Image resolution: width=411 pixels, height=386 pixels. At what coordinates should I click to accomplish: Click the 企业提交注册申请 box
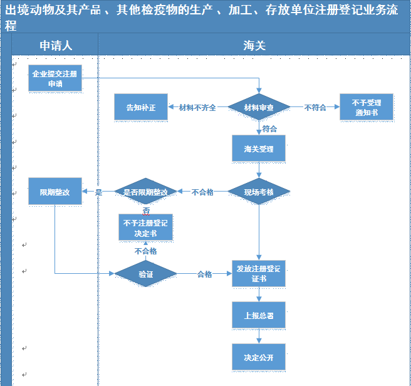click(55, 78)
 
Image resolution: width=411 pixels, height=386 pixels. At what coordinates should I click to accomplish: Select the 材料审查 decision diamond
click(259, 107)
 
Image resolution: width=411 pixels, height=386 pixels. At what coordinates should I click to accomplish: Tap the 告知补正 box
click(141, 107)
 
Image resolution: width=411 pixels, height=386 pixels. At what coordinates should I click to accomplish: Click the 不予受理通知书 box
click(367, 107)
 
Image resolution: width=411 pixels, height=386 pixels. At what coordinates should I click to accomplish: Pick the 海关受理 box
click(259, 149)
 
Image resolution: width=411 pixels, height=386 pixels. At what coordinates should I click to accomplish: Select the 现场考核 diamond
click(259, 192)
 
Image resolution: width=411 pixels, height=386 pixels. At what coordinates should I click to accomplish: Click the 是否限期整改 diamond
click(145, 192)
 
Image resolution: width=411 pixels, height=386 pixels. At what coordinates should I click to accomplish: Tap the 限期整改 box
click(55, 192)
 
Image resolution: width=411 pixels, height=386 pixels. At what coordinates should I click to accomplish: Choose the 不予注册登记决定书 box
click(145, 228)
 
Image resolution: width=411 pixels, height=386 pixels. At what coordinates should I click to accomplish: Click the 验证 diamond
click(145, 274)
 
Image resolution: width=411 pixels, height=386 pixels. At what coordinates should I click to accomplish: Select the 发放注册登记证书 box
click(259, 274)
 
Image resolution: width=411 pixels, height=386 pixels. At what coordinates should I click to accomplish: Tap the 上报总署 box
click(259, 316)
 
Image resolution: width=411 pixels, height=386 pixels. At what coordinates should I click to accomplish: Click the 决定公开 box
click(259, 357)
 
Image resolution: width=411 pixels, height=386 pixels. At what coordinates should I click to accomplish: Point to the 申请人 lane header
click(56, 46)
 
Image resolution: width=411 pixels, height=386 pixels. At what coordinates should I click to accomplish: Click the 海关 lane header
click(254, 46)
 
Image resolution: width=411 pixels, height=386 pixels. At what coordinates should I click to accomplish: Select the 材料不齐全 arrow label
click(197, 107)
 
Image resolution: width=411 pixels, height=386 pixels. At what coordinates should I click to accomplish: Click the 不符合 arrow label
click(315, 107)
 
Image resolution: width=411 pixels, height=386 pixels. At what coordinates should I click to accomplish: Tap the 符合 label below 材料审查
click(269, 128)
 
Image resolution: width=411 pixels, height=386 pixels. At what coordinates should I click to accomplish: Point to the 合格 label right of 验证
click(204, 274)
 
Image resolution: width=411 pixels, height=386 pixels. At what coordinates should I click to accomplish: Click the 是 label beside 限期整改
click(98, 192)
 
